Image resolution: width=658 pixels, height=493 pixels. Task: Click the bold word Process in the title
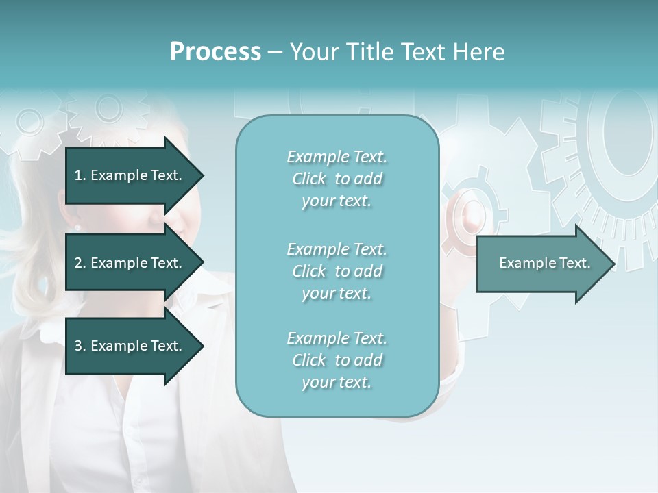pos(215,52)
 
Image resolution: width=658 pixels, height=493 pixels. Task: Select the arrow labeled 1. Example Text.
pos(127,175)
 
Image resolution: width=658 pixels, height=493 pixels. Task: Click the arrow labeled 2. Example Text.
pos(127,263)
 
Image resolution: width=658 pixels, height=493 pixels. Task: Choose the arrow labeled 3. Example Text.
pos(127,346)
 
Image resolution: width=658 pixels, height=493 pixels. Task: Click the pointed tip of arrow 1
pos(202,175)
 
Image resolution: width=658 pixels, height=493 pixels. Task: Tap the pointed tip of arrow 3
pos(202,346)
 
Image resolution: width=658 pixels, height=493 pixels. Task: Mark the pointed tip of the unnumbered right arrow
pos(613,263)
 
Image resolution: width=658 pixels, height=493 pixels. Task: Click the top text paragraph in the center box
pos(337,179)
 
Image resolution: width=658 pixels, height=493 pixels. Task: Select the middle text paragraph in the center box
pos(337,271)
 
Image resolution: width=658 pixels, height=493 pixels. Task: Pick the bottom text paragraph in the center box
pos(337,360)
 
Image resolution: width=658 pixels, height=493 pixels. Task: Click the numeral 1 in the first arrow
pos(78,175)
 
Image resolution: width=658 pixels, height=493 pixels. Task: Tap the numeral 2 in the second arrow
pos(78,263)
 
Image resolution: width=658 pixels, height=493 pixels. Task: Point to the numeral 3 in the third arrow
pos(78,346)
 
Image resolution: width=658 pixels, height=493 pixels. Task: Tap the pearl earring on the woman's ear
pos(77,227)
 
